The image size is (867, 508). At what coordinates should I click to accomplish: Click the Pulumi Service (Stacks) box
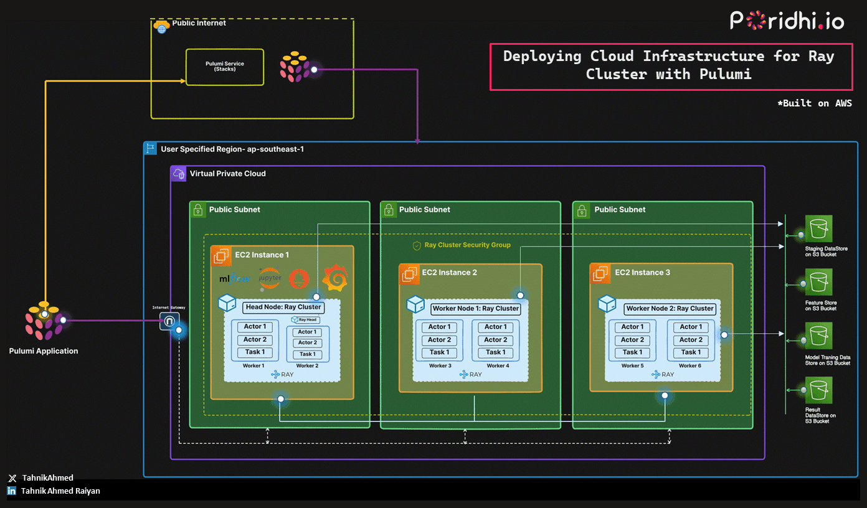click(x=225, y=67)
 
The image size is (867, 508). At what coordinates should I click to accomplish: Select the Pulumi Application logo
click(x=44, y=321)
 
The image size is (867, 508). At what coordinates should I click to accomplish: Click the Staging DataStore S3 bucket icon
click(x=818, y=229)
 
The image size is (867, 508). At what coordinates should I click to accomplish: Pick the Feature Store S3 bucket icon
click(x=818, y=283)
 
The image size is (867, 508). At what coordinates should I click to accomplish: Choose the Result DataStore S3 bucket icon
click(x=818, y=390)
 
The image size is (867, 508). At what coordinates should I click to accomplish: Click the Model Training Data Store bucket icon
click(x=818, y=337)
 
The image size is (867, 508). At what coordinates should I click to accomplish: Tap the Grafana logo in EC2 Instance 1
click(x=334, y=278)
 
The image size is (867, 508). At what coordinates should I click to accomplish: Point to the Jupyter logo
click(x=270, y=278)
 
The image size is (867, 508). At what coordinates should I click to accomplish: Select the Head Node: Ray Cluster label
click(x=283, y=307)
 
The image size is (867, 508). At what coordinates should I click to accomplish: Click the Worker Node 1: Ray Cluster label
click(x=475, y=308)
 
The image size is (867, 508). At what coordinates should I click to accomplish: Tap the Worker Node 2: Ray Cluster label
click(x=670, y=308)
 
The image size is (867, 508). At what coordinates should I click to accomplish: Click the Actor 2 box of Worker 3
click(x=439, y=340)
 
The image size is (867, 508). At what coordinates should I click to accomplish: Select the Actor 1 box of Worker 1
click(x=255, y=327)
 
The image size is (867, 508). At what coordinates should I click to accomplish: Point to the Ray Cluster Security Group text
click(x=467, y=245)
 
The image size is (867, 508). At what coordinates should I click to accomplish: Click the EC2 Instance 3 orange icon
click(x=600, y=273)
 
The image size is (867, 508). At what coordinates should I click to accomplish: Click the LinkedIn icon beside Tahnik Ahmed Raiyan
click(x=12, y=491)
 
